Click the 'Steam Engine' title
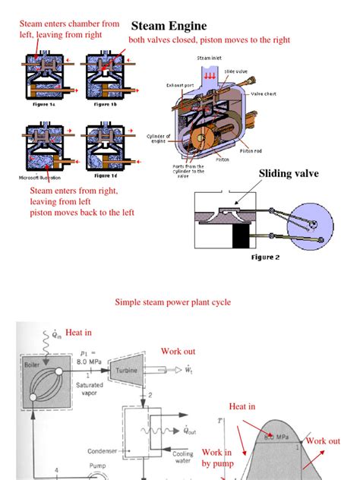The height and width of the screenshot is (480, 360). click(169, 26)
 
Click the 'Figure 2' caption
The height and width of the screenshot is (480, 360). click(265, 257)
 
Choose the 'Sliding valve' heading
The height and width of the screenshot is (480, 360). click(289, 174)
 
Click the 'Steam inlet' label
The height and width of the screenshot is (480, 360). click(211, 58)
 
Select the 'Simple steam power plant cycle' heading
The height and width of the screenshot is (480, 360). click(172, 302)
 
